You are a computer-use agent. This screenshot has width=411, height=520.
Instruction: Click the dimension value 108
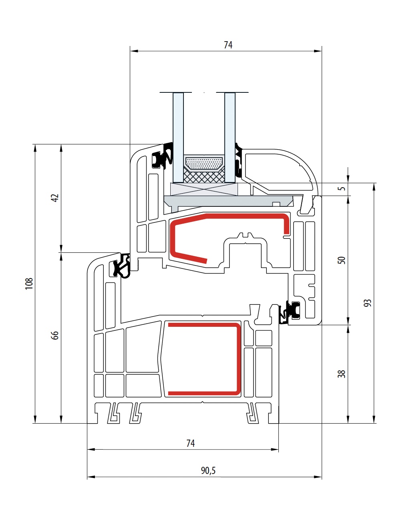click(x=29, y=284)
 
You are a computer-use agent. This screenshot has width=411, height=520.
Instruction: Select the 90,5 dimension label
click(x=208, y=470)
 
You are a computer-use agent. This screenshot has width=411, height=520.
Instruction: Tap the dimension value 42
click(x=55, y=198)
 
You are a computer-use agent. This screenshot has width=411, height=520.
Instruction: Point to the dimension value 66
click(x=55, y=335)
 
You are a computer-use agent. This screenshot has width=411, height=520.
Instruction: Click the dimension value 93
click(x=367, y=303)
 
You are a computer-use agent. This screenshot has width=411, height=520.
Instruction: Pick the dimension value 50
click(x=341, y=260)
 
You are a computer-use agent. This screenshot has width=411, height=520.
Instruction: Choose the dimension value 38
click(x=341, y=374)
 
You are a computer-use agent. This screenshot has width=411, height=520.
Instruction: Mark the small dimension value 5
click(x=342, y=188)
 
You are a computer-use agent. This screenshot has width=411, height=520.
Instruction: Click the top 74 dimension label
click(x=228, y=45)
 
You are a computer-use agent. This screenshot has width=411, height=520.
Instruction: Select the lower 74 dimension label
click(x=191, y=443)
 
